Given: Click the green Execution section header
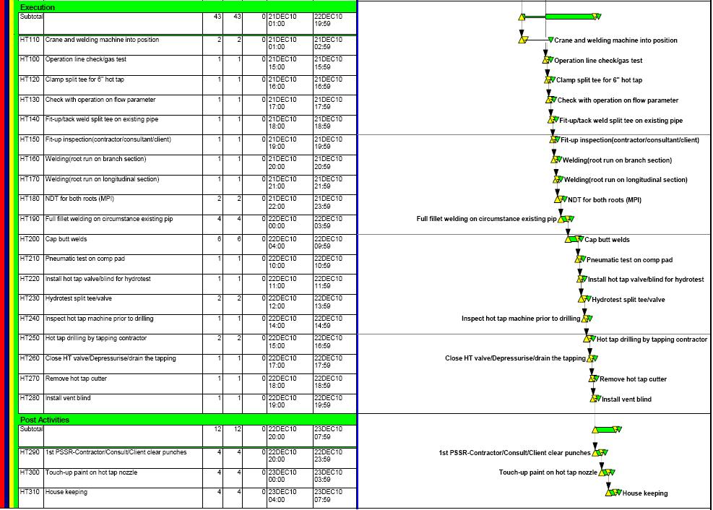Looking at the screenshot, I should pyautogui.click(x=38, y=7).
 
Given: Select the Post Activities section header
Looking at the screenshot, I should pyautogui.click(x=45, y=420).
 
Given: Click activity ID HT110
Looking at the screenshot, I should pyautogui.click(x=30, y=40).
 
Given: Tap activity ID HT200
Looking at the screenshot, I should pyautogui.click(x=30, y=239).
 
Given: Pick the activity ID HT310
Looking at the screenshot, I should pyautogui.click(x=30, y=493).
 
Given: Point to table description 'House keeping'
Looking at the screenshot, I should pyautogui.click(x=66, y=493).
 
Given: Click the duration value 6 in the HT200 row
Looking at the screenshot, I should pyautogui.click(x=219, y=239).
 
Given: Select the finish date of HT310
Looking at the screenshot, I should pyautogui.click(x=328, y=496).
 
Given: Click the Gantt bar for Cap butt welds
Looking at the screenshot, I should pyautogui.click(x=574, y=239).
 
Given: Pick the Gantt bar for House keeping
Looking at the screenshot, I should pyautogui.click(x=614, y=493).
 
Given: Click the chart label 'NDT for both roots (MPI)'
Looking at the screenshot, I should pyautogui.click(x=604, y=200).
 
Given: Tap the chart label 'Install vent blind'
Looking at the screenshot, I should pyautogui.click(x=626, y=399).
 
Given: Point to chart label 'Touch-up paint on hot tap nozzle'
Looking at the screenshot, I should pyautogui.click(x=548, y=472).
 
